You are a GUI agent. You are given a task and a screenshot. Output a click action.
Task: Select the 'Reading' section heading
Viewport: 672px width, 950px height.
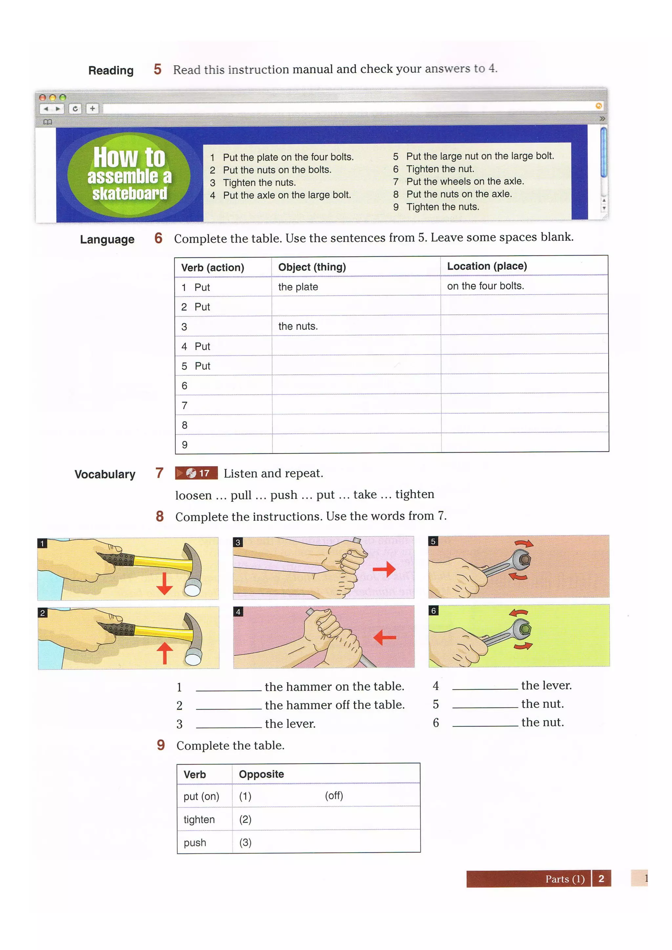point(111,71)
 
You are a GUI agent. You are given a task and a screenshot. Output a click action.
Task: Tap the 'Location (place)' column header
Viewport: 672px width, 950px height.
point(487,266)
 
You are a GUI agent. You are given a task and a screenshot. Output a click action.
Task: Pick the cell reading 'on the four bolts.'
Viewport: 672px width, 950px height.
point(485,286)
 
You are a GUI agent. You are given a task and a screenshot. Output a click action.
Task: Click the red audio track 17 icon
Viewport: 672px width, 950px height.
point(196,473)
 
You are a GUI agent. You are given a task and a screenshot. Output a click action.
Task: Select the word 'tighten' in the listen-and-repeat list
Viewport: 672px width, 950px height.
point(414,494)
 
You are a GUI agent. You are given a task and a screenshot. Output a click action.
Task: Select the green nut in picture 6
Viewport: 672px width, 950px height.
point(524,629)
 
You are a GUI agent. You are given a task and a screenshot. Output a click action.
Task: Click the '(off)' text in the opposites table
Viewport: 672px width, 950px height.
point(334,795)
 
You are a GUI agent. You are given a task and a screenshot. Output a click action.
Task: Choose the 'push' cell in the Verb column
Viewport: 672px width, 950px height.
point(195,842)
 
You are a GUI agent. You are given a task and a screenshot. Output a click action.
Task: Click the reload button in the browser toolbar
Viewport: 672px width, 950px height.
point(75,109)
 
